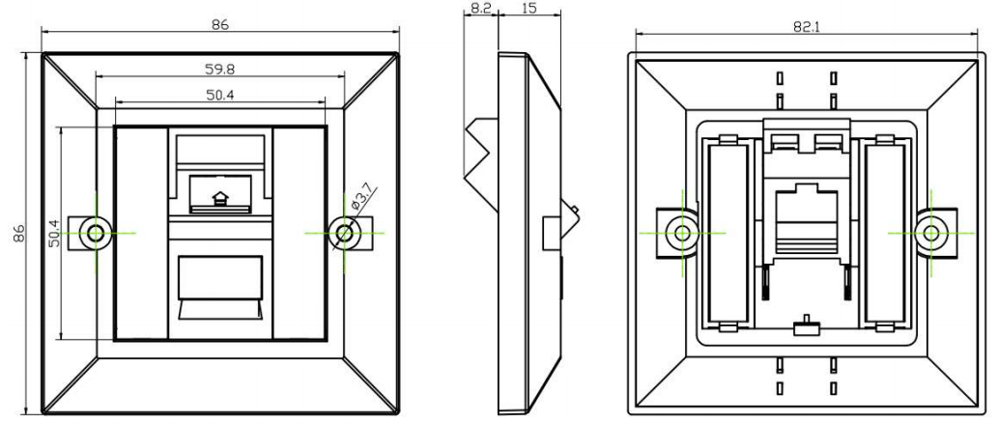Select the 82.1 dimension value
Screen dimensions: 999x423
(x=807, y=27)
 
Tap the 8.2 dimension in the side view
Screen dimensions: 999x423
(x=480, y=10)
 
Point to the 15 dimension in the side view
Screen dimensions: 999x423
(x=528, y=10)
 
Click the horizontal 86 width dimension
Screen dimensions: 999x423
(x=220, y=25)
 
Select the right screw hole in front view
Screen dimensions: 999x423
(x=344, y=233)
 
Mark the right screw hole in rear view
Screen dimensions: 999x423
(x=930, y=233)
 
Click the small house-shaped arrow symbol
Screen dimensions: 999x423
(x=220, y=198)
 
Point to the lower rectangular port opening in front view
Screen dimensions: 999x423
(x=220, y=277)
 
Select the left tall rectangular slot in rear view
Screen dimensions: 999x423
(x=728, y=232)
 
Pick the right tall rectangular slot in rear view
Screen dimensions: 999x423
(x=884, y=232)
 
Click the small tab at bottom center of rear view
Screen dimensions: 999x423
(x=806, y=326)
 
